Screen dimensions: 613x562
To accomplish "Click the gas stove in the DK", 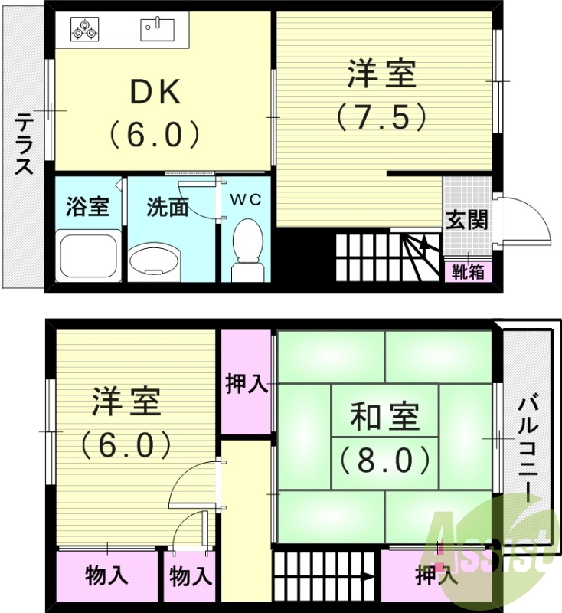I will point(84,31).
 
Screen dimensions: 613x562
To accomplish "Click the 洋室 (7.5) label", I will point(381,95).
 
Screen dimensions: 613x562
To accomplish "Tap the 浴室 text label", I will point(87,207).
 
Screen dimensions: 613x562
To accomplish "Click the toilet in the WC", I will point(246,250).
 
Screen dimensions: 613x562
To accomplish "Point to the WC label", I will point(246,199).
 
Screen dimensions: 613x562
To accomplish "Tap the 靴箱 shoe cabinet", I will point(467,271).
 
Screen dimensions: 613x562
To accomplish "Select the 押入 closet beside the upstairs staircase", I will point(436,575).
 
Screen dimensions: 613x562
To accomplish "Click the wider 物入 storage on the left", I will point(106,575).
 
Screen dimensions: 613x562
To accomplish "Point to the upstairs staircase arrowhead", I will point(369,576).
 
